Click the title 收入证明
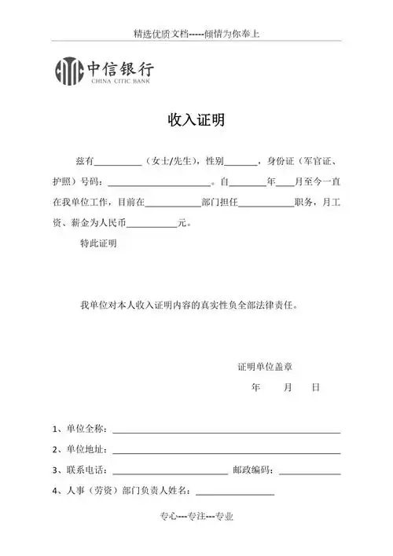pos(196,120)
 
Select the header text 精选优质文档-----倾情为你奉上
pos(196,35)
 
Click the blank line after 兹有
pos(118,163)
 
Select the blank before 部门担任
pos(173,203)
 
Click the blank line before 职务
pos(266,203)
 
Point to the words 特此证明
pos(98,244)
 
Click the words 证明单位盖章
pos(266,367)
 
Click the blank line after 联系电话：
pos(170,472)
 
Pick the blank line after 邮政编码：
pos(310,472)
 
